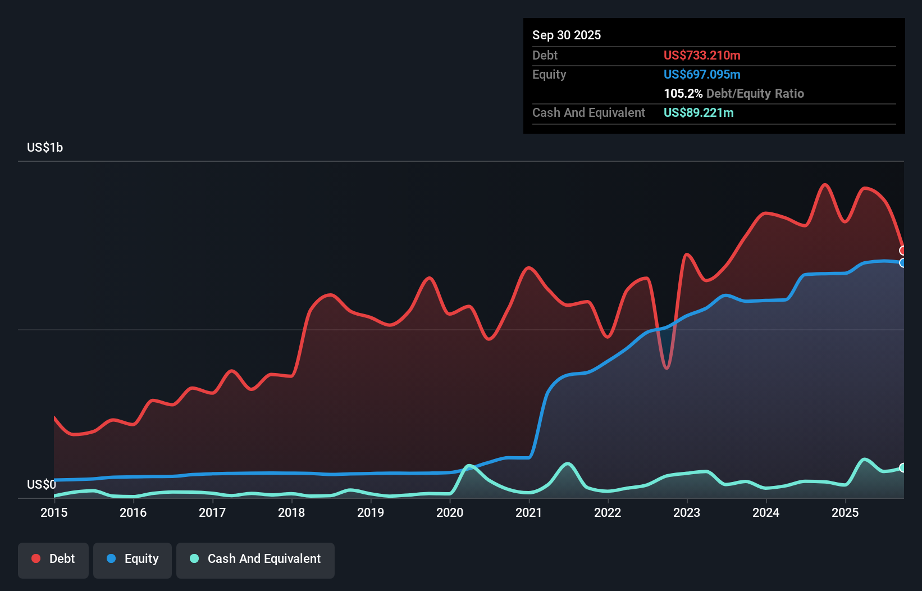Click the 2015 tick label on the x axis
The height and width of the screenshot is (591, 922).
coord(54,512)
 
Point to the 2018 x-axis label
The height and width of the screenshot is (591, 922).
coord(291,512)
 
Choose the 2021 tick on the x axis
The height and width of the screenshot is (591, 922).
coord(529,512)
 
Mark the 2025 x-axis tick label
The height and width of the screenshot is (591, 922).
coord(845,512)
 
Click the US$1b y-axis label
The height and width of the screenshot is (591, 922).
coord(45,148)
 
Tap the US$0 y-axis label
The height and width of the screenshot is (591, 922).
coord(41,484)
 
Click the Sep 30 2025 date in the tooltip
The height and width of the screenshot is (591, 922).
coord(567,35)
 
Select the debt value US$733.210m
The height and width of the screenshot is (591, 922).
coord(702,56)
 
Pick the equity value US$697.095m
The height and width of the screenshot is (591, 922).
coord(702,75)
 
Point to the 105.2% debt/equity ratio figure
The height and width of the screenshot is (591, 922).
coord(683,94)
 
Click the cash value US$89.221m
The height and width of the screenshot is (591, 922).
coord(699,113)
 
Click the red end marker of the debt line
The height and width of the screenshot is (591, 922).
coord(903,251)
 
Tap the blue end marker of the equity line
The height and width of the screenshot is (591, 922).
coord(903,263)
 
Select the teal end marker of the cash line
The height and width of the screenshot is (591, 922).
coord(903,468)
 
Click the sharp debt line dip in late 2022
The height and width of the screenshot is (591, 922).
coord(667,368)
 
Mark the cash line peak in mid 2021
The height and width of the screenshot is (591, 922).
coord(568,463)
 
